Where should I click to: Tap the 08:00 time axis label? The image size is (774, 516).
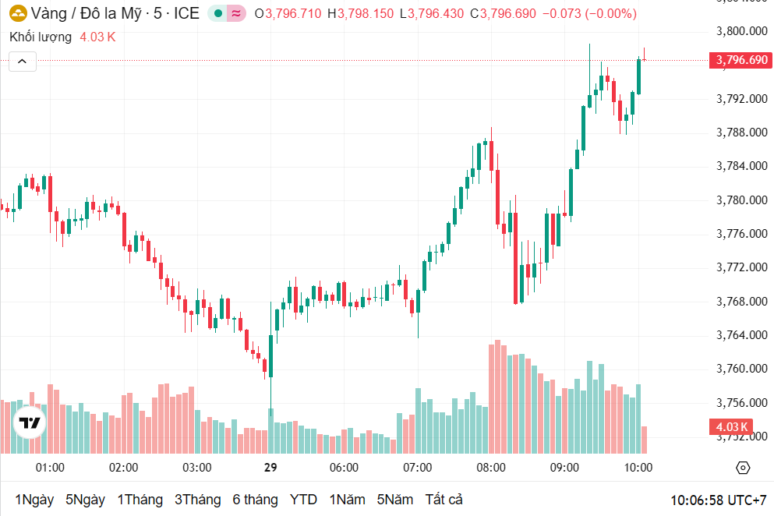click(491, 468)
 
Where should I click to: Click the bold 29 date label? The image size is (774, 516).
click(270, 468)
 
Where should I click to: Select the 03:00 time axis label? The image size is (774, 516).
click(196, 468)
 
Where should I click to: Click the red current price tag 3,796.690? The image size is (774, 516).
click(740, 60)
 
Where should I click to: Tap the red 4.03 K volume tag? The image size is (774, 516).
click(730, 426)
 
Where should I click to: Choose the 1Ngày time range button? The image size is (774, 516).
click(34, 500)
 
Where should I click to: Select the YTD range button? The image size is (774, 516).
click(303, 500)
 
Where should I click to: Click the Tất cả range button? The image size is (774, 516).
click(444, 500)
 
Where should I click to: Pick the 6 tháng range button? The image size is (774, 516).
click(255, 500)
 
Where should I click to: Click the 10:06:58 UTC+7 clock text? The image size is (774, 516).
click(718, 500)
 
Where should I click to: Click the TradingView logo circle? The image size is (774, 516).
click(30, 422)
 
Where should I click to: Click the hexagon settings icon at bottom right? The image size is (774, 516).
click(743, 468)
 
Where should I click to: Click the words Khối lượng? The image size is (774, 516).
click(41, 37)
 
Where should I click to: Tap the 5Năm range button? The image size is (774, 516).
click(395, 500)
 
